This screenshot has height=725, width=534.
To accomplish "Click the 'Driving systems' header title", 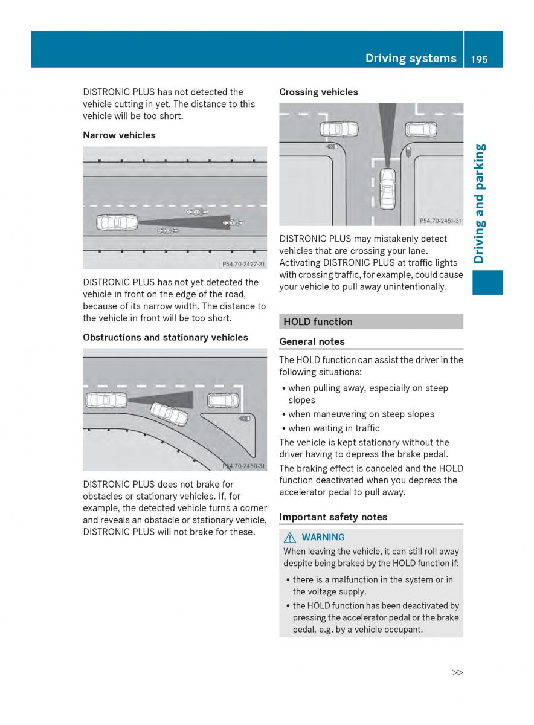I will (411, 59).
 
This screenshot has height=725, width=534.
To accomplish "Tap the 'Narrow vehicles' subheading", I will (119, 135).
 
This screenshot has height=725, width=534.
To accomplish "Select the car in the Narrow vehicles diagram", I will (117, 222).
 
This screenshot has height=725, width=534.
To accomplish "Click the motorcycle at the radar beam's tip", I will (230, 223).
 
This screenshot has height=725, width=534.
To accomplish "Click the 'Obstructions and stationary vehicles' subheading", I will (166, 337).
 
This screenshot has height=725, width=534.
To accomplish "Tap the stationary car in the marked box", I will (223, 400).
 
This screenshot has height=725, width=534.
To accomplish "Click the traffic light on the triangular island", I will (245, 418).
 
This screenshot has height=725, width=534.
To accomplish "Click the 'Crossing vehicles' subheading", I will (318, 92).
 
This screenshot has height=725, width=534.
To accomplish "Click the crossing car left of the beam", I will (338, 129).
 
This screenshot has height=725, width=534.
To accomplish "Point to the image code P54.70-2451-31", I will (440, 221).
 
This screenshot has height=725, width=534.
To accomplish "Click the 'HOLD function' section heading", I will (318, 321).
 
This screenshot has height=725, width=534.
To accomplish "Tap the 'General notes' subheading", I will (312, 341).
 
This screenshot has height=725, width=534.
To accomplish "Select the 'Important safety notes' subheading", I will (333, 517).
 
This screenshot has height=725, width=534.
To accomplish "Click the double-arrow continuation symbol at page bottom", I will (457, 672).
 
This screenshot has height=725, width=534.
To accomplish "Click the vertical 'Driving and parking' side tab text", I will (480, 204).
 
